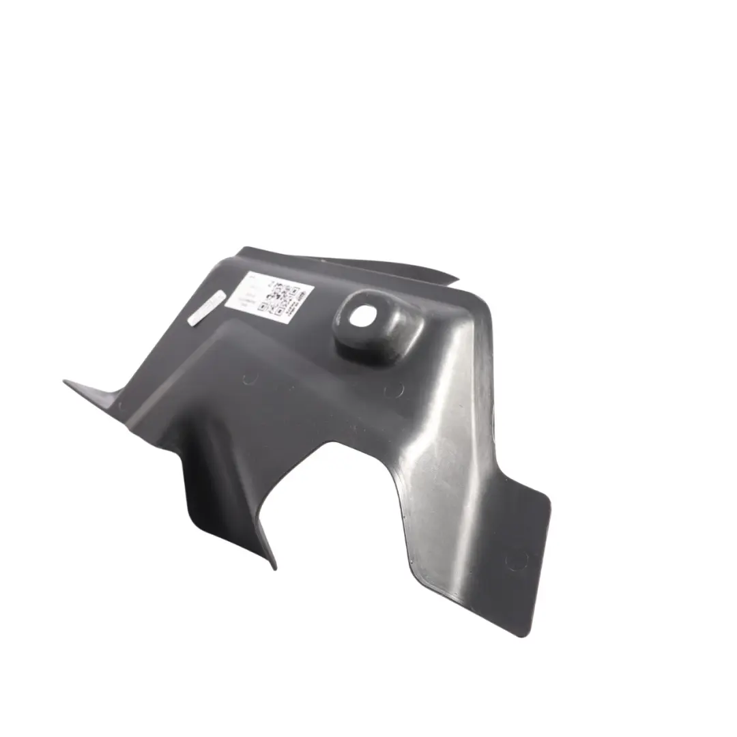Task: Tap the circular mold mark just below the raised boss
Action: pos(394,390)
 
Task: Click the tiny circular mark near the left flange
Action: pos(121,404)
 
